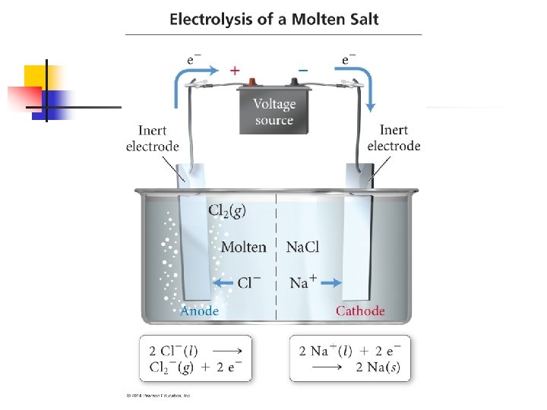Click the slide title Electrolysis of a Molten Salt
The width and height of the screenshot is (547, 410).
click(x=273, y=19)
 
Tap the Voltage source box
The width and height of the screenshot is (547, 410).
click(x=273, y=112)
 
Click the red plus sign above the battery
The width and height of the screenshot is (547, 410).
click(x=235, y=70)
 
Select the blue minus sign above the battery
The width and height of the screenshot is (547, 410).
click(x=302, y=70)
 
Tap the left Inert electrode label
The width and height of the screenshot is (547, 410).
click(x=153, y=138)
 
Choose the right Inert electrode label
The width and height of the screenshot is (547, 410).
click(x=394, y=138)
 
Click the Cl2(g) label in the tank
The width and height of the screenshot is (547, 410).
click(x=226, y=211)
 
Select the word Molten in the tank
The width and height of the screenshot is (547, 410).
click(x=243, y=247)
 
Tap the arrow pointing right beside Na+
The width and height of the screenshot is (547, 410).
click(x=330, y=283)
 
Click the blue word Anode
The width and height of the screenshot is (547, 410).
click(x=199, y=311)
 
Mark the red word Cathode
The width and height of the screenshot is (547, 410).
click(x=360, y=311)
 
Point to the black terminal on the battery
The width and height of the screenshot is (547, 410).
click(x=292, y=84)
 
